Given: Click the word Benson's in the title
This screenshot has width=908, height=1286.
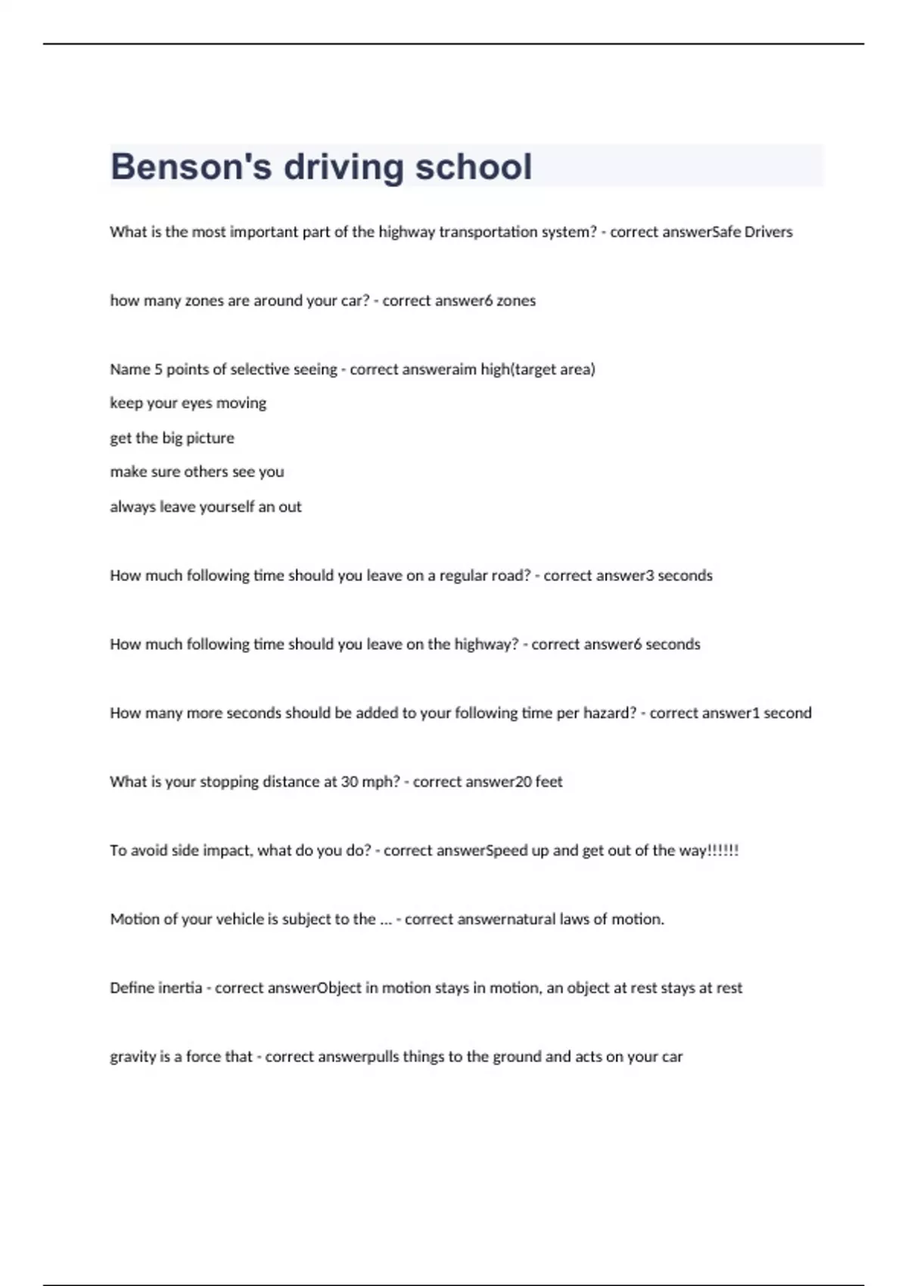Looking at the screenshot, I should pyautogui.click(x=191, y=166).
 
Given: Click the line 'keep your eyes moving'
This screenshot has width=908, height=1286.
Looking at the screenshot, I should pyautogui.click(x=188, y=403).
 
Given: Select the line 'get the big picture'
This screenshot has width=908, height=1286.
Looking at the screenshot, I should pyautogui.click(x=172, y=438).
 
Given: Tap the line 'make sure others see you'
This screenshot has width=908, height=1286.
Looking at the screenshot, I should pyautogui.click(x=197, y=472).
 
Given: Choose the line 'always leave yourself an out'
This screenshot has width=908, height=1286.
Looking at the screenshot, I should pyautogui.click(x=205, y=507).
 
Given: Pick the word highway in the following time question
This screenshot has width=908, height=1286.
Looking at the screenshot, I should pyautogui.click(x=482, y=645).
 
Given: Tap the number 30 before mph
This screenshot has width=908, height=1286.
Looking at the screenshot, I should pyautogui.click(x=349, y=782).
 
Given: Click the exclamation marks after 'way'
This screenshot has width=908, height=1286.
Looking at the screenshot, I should pyautogui.click(x=723, y=850).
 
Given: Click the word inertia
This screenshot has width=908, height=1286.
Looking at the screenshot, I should pyautogui.click(x=179, y=988).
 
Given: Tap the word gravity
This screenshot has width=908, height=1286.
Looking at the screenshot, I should pyautogui.click(x=132, y=1058).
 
